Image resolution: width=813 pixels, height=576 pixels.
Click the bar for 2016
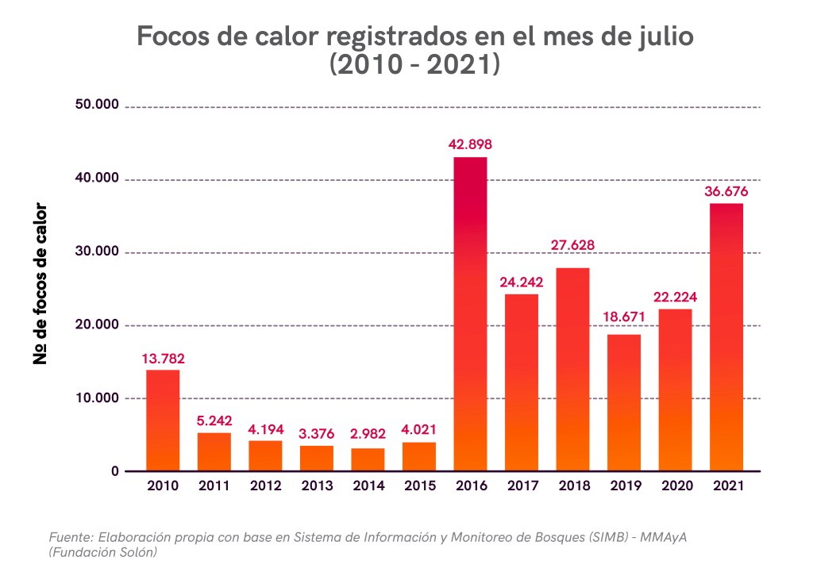click(470, 313)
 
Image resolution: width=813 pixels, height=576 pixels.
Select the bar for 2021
click(726, 337)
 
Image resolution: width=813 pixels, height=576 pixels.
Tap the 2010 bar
click(163, 420)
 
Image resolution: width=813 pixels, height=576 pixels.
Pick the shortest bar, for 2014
click(368, 459)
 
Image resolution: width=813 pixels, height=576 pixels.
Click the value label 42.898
click(470, 144)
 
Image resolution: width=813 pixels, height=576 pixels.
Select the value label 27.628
click(572, 245)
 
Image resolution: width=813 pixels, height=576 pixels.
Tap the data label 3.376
click(317, 434)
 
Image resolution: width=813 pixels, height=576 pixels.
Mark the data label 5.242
click(214, 420)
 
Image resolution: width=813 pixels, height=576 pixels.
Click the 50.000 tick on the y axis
click(97, 106)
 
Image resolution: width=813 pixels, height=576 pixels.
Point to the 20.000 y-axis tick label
click(97, 325)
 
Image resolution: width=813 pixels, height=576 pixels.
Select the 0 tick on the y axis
click(114, 471)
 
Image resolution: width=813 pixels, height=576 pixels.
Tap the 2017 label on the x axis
click(522, 486)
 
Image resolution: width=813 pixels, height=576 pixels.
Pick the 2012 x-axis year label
click(265, 486)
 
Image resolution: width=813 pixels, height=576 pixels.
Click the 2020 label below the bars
click(675, 486)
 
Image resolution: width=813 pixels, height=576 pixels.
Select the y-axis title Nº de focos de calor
click(40, 284)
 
